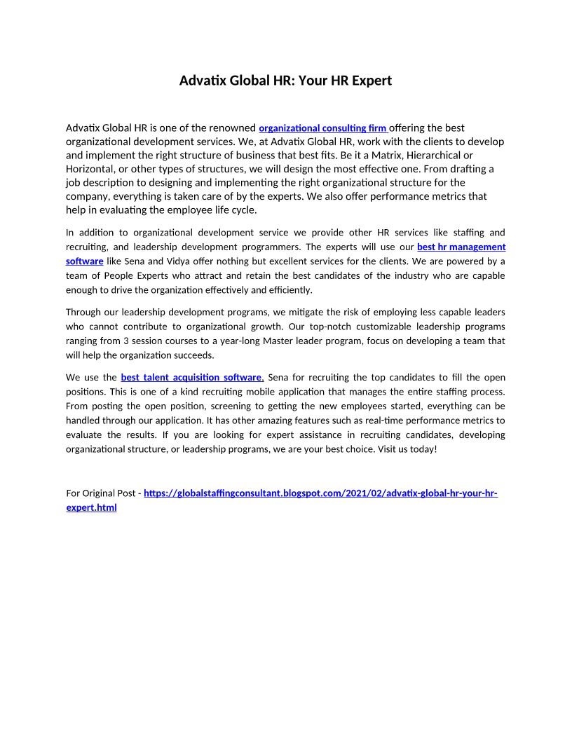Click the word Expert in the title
coord(369,81)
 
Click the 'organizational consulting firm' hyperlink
coord(322,128)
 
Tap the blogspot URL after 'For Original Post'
coord(320,493)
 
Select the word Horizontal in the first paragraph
coord(90,169)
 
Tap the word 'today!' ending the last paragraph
coord(423,448)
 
